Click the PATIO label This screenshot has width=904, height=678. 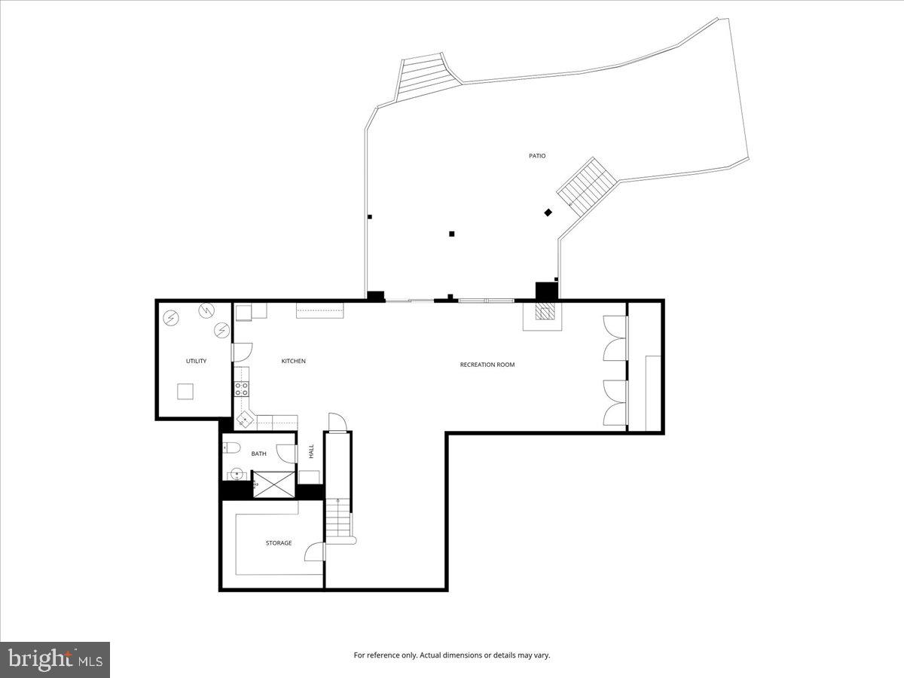point(536,156)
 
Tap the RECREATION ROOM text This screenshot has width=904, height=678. point(487,365)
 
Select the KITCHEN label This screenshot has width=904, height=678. point(293,362)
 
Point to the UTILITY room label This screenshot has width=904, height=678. point(196,362)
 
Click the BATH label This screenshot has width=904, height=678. point(258,454)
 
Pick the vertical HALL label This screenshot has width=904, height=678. point(311,451)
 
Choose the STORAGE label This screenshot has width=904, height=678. point(278,543)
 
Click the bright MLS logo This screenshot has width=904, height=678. point(55,660)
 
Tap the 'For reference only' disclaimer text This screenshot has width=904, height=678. point(452,655)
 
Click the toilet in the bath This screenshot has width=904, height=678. point(232,448)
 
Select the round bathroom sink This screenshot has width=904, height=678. point(237,475)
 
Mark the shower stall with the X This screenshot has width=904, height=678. point(273,484)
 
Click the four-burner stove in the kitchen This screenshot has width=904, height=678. point(242,389)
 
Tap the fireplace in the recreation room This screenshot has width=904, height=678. point(542,314)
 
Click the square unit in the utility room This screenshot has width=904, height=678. point(185,391)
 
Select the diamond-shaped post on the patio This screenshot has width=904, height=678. point(548,212)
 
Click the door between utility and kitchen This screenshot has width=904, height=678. point(242,351)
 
